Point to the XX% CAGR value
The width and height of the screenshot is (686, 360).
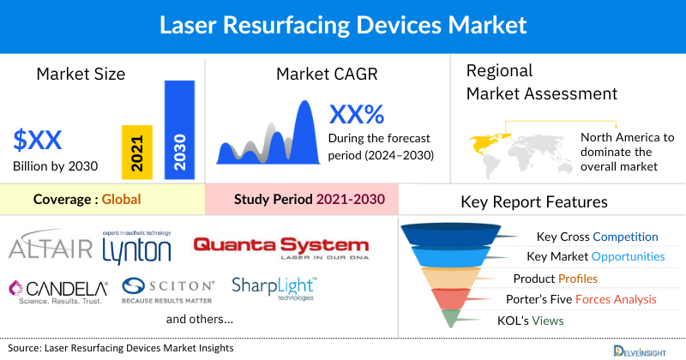click(357, 114)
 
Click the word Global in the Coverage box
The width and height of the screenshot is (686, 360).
click(121, 200)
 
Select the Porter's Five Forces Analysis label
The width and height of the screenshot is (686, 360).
click(585, 300)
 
